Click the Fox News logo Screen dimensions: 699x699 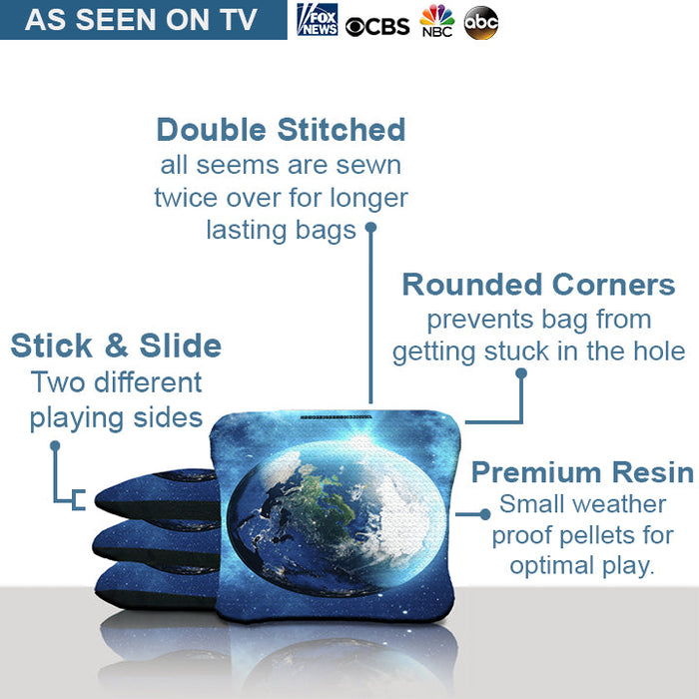click(317, 20)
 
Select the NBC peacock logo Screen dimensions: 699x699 click(436, 21)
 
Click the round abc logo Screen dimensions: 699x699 click(481, 22)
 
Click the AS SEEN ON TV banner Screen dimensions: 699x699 click(141, 20)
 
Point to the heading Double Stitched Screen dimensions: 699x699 click(281, 130)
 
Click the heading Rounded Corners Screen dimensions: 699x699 click(538, 285)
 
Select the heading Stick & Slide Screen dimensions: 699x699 click(116, 346)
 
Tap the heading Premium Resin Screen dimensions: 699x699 click(582, 472)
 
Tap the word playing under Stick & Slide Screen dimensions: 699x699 click(73, 417)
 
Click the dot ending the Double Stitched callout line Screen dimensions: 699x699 click(369, 228)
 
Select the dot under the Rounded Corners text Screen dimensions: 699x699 click(520, 373)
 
